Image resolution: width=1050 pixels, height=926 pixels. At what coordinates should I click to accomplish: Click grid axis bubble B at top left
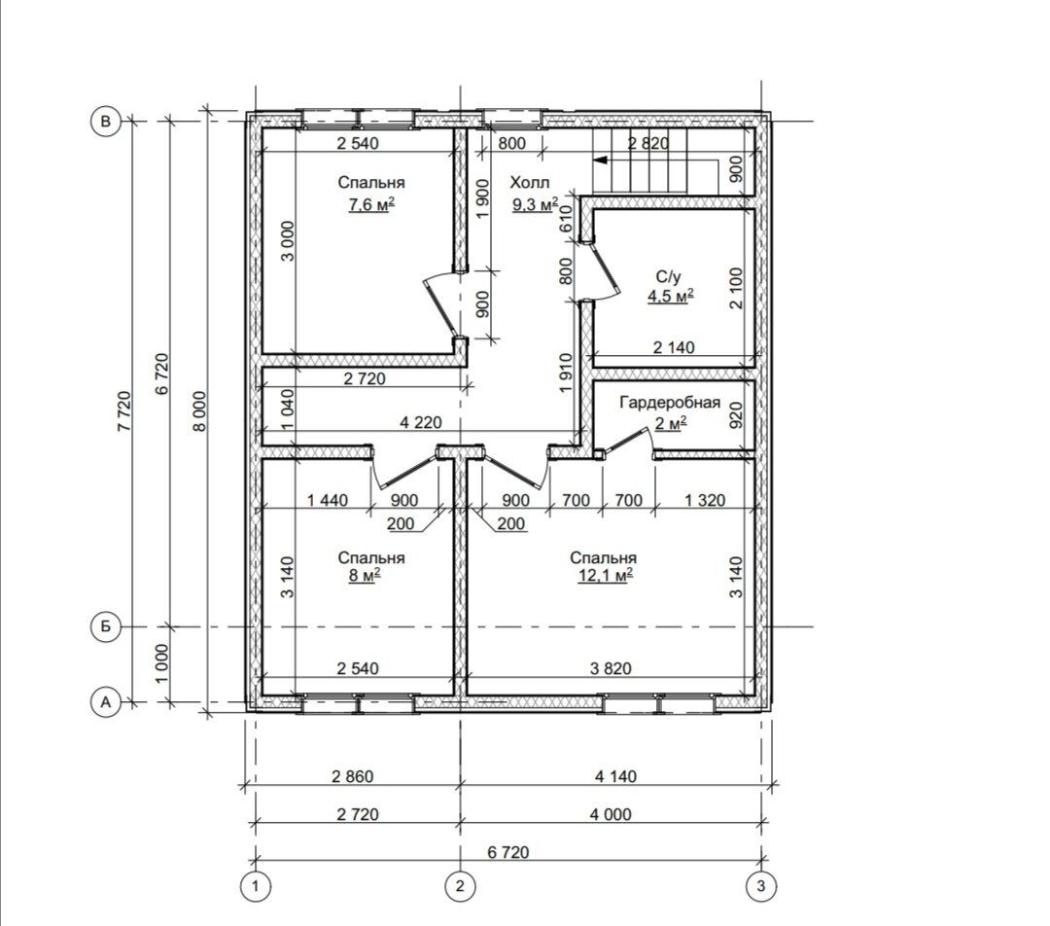click(x=105, y=122)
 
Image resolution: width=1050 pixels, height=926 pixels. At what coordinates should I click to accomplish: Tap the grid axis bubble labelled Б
click(x=105, y=627)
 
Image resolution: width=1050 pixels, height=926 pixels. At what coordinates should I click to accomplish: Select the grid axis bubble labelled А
click(x=105, y=702)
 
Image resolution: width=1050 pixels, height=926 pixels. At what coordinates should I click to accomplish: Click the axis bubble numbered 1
click(x=255, y=886)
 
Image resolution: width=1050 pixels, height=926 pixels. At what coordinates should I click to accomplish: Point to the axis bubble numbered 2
click(x=460, y=886)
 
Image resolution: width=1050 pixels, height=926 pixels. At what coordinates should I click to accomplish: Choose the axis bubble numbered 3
click(x=761, y=886)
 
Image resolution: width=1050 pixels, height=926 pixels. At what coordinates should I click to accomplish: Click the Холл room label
click(x=530, y=183)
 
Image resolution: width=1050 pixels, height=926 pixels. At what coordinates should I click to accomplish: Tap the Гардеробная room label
click(x=670, y=403)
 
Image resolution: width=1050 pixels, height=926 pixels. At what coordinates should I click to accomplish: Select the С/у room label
click(x=668, y=276)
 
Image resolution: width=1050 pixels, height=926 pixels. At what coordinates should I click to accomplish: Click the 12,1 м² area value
click(x=606, y=576)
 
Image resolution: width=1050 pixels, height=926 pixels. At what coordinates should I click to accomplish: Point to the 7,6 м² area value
click(x=371, y=204)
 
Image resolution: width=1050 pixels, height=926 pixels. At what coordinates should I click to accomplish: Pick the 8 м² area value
click(x=365, y=576)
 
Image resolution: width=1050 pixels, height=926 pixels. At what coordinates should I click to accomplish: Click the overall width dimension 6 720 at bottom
click(x=508, y=852)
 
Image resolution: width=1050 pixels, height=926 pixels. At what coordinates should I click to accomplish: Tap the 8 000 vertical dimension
click(x=199, y=410)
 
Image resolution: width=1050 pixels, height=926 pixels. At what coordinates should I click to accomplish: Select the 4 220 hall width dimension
click(x=421, y=423)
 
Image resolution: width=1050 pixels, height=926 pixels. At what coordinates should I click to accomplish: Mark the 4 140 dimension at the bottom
click(x=615, y=776)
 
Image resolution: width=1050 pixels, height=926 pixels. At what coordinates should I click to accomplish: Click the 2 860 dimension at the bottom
click(x=352, y=776)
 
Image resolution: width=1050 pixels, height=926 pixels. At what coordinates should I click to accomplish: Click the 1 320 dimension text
click(x=705, y=501)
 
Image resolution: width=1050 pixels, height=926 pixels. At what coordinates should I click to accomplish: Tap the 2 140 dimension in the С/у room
click(x=674, y=348)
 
